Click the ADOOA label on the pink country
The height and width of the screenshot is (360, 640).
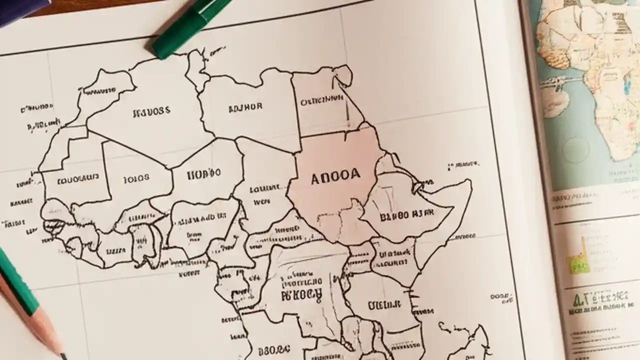pos(334,177)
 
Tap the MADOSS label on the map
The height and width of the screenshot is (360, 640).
pos(151,112)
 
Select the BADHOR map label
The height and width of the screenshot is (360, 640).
pos(245,107)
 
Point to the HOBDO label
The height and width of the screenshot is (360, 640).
pos(203,174)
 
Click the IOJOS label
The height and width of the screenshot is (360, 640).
pos(136,177)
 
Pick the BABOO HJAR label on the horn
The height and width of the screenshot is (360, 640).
pos(407,216)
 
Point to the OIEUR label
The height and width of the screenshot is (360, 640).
pos(384,305)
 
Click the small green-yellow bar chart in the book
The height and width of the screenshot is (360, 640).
pos(578,260)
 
